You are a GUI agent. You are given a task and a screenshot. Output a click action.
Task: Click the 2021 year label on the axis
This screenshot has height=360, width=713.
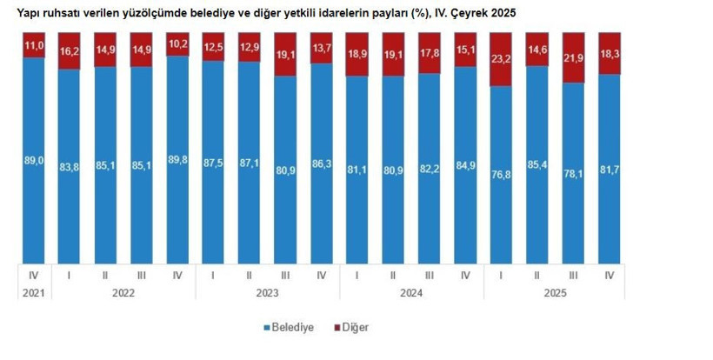tap(33, 294)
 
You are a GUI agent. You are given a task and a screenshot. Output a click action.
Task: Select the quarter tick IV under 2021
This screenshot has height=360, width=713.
tap(33, 276)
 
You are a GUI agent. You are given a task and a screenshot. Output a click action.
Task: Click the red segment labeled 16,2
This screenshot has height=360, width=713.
tap(70, 51)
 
